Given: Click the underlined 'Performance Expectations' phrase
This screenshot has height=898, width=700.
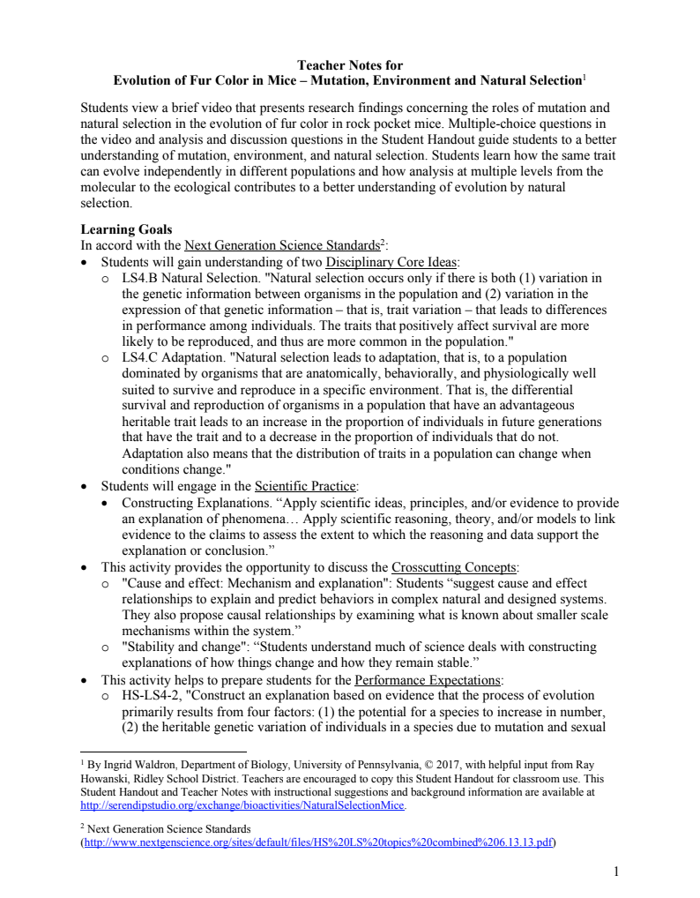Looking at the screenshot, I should point(427,679).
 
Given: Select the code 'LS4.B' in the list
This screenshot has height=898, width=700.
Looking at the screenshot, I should point(140,278).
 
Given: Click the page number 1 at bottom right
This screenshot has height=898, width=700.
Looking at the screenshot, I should point(616,872).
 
